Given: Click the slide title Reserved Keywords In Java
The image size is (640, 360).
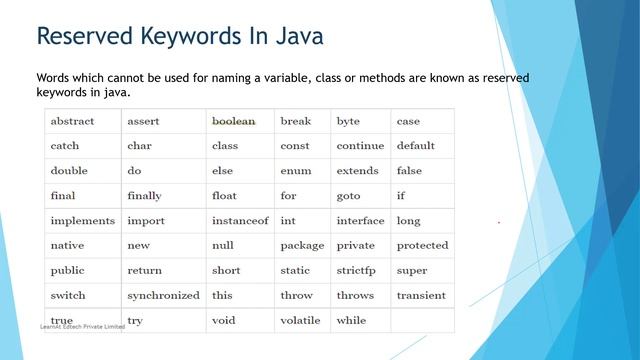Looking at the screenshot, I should (180, 37).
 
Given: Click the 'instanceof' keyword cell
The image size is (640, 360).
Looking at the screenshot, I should (240, 220).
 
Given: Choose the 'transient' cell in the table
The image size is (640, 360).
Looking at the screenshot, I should (421, 295).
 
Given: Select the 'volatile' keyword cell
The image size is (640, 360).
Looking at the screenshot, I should (300, 320).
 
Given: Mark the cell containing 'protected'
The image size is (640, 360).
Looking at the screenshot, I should (422, 245).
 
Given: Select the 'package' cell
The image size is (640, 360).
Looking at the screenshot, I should (302, 245).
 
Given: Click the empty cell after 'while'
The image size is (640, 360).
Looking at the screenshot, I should (422, 320).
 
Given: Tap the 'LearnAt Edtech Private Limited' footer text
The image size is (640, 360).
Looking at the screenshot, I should (82, 327).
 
